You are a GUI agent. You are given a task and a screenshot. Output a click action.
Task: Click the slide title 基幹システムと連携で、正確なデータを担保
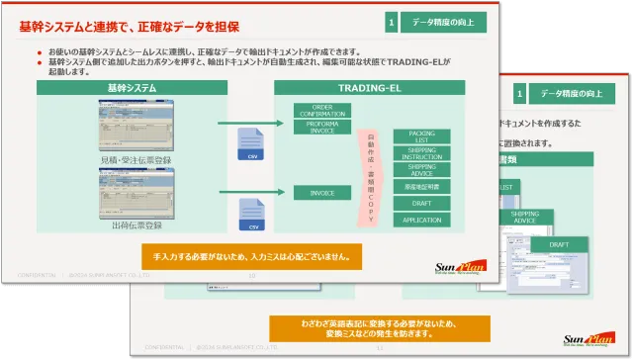(129, 26)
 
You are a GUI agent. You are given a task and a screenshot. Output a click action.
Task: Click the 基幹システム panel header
(132, 88)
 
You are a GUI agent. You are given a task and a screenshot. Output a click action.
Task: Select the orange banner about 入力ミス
(252, 254)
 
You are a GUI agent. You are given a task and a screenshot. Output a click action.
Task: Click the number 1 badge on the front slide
(392, 22)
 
